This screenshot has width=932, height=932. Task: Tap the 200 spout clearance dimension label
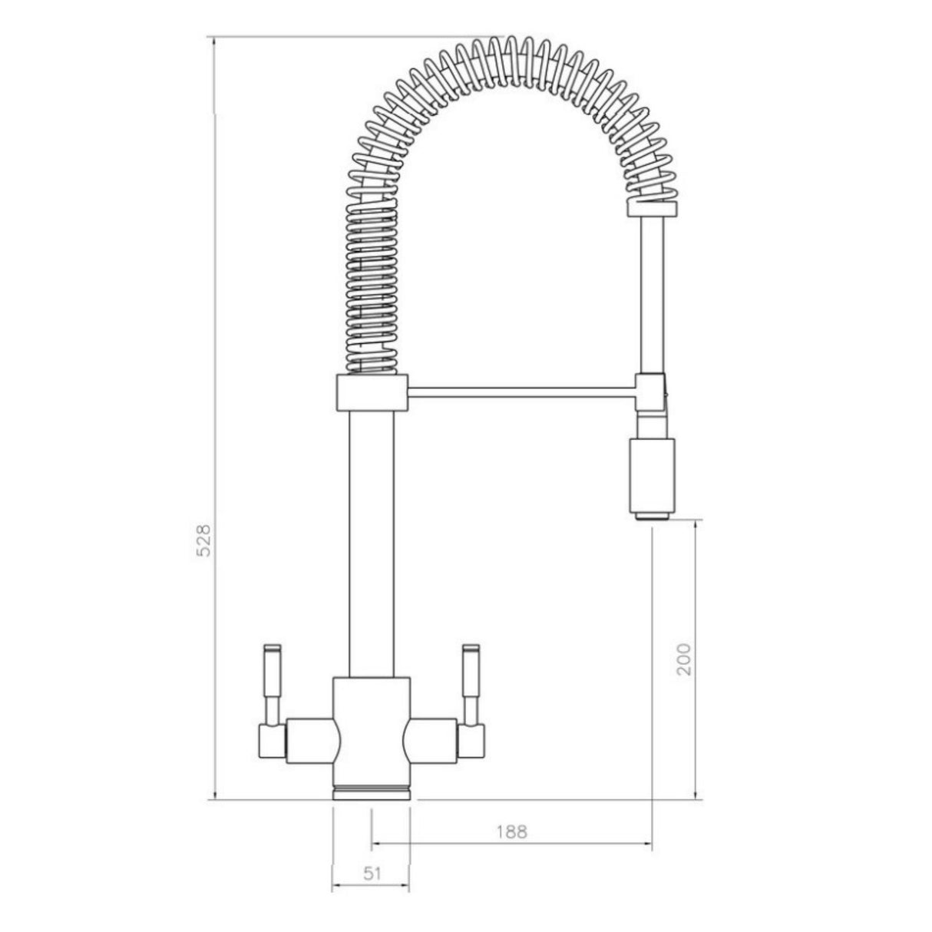[x=684, y=658]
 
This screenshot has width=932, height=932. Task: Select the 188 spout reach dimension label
[x=512, y=831]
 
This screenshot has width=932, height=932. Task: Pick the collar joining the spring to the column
[x=372, y=393]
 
